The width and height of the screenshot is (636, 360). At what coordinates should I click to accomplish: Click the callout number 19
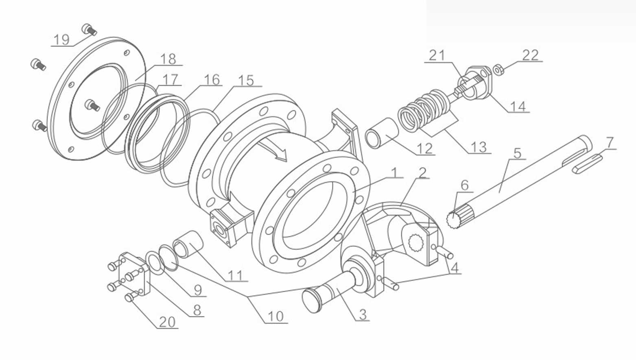(61, 40)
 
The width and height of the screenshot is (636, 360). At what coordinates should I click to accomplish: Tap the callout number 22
(530, 55)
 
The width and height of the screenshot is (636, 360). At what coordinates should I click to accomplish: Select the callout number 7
(609, 143)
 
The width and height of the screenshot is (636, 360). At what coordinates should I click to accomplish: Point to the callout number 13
(479, 147)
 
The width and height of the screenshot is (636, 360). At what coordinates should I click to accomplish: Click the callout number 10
(275, 316)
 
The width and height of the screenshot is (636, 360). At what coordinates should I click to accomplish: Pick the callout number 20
(167, 322)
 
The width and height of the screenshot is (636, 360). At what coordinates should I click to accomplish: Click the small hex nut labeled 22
(498, 70)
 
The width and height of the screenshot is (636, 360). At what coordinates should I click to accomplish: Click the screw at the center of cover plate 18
(93, 106)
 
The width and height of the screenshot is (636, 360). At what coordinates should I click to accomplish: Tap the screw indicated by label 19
(89, 29)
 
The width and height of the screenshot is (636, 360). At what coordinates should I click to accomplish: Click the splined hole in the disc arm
(416, 243)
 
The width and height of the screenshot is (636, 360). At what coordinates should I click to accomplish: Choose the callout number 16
(212, 79)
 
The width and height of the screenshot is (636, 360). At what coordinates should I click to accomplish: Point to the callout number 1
(393, 172)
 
